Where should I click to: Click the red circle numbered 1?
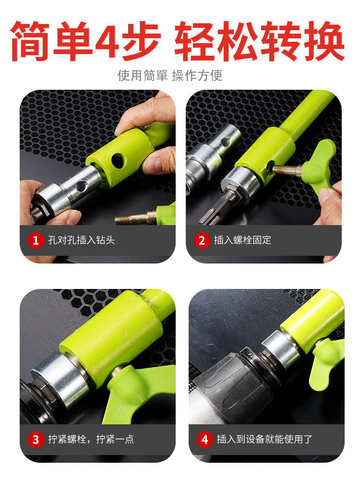point(36,240)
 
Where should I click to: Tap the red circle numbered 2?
point(202,240)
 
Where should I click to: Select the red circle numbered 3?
point(36,440)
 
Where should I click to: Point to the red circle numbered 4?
point(205,440)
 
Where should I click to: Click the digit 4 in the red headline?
point(107,41)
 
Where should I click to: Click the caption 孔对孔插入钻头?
point(82,240)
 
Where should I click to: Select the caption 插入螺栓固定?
point(242,240)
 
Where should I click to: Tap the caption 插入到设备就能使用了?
point(264,439)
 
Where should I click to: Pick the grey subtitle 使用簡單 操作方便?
point(170,76)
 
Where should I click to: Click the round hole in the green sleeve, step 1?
point(119,161)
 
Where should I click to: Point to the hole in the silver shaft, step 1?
point(82,185)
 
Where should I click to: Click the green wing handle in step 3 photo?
point(138,392)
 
